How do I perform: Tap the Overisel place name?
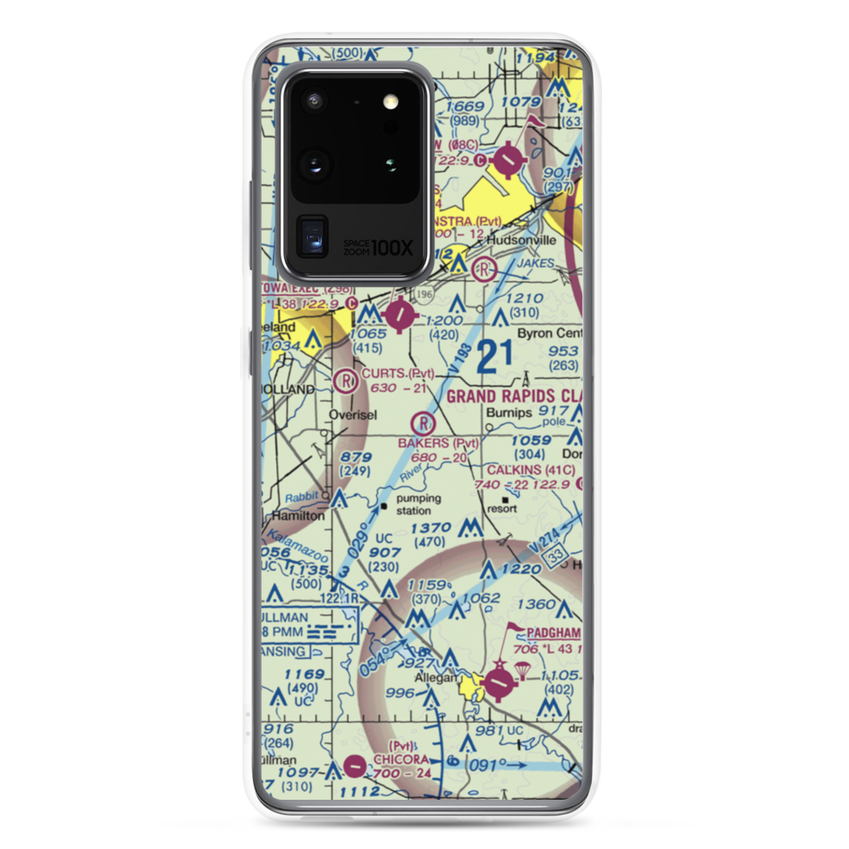coord(351,416)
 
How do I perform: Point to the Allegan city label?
coord(436,678)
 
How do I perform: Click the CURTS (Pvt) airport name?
coord(397,374)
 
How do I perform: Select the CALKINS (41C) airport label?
coord(531,469)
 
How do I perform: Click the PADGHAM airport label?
coord(556,633)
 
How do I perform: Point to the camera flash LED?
coord(391,102)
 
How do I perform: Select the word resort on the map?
coord(503,509)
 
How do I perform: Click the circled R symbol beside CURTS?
coord(346,380)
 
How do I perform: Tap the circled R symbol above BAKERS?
coord(423,422)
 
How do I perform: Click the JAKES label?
coord(536,263)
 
